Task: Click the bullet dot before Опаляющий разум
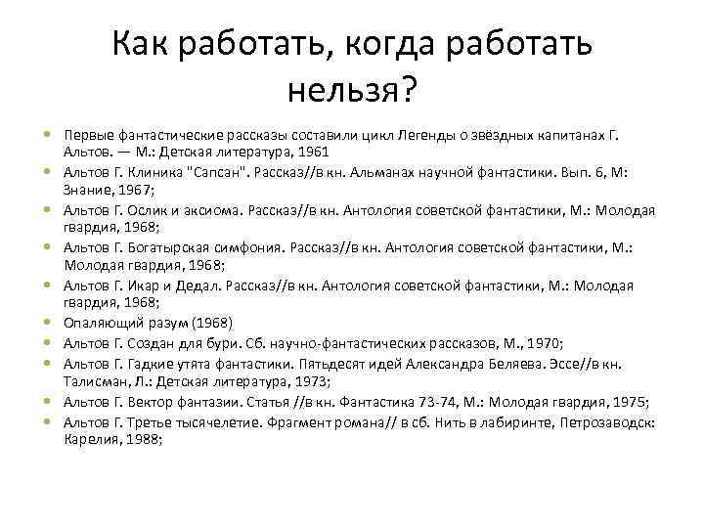click(x=48, y=324)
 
